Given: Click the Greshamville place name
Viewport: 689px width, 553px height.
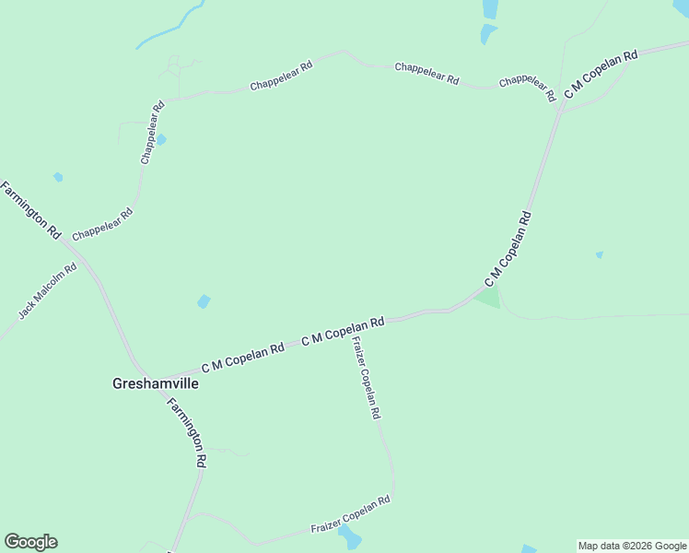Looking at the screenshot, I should point(155,383).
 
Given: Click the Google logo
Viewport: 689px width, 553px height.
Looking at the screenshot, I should point(30,542).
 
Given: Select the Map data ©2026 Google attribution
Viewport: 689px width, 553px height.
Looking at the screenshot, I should point(632,546).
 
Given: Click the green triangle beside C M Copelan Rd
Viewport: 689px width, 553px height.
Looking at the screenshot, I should point(489,298).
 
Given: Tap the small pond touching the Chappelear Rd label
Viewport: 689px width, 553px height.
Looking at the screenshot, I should point(161,139).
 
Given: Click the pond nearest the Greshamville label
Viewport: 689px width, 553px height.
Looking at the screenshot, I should point(204,301).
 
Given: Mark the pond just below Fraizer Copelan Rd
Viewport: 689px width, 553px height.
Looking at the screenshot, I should point(349,537).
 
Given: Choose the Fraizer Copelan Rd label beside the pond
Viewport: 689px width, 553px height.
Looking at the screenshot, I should point(351,514).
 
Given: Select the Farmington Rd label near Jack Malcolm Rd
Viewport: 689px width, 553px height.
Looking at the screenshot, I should point(30,210).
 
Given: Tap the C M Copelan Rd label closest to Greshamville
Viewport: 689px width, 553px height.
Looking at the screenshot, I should point(242,358).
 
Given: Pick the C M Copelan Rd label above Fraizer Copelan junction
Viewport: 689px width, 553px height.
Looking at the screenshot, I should point(343,332).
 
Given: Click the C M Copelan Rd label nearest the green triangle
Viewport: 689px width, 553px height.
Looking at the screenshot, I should point(508,249).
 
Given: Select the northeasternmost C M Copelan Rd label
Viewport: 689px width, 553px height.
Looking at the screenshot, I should point(601,76).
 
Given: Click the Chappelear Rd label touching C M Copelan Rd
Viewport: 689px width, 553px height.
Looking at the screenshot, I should point(527,88).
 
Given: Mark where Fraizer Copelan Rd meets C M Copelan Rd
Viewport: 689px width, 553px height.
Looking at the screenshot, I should point(349,330).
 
